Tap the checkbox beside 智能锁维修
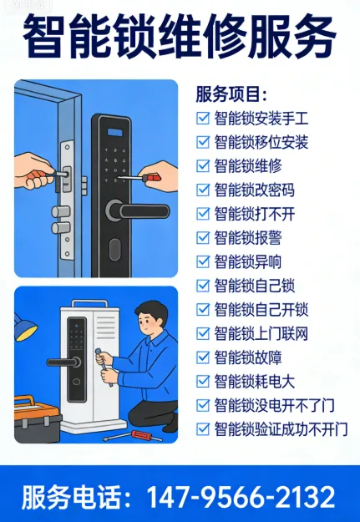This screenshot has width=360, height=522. click(203, 166)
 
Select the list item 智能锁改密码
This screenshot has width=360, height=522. click(255, 190)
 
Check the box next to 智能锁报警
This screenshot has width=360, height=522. click(203, 238)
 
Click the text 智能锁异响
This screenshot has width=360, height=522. click(248, 261)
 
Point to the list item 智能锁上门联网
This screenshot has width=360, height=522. click(261, 333)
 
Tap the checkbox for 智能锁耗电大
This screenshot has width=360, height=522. click(203, 382)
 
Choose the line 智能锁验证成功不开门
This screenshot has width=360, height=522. click(281, 429)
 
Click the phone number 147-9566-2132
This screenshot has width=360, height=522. click(241, 497)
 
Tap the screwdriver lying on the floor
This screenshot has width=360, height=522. click(133, 436)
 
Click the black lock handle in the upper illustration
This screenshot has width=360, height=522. click(138, 211)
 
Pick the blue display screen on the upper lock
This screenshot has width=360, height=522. click(114, 132)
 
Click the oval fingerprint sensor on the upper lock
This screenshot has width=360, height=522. click(114, 250)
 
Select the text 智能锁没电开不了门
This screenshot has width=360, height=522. click(275, 405)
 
